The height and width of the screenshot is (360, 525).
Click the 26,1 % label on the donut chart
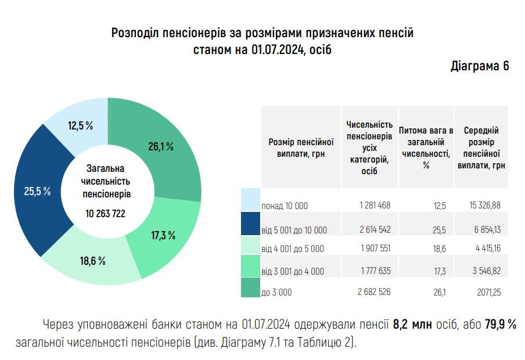(x=161, y=147)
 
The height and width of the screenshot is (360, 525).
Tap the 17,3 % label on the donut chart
(x=163, y=235)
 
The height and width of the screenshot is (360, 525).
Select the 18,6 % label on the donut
(x=93, y=261)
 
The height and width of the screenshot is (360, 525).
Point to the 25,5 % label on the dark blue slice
(x=37, y=191)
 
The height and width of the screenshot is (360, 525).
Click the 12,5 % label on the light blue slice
(x=81, y=125)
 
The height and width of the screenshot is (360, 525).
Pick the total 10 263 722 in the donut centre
(x=106, y=213)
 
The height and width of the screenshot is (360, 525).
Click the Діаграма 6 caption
(x=480, y=66)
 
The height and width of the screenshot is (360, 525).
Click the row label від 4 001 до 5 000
(x=293, y=249)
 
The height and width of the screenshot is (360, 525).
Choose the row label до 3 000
(x=276, y=293)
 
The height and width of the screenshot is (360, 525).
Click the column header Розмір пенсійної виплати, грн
(x=301, y=147)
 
